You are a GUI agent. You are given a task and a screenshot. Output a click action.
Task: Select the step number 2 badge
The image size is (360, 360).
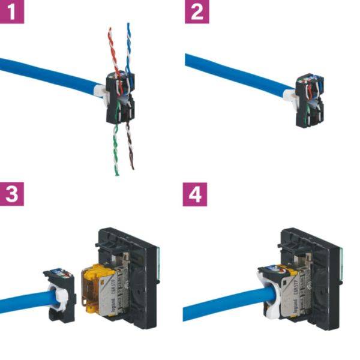click(x=196, y=11)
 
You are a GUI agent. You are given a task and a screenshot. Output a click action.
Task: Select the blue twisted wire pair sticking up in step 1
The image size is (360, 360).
click(x=128, y=45)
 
